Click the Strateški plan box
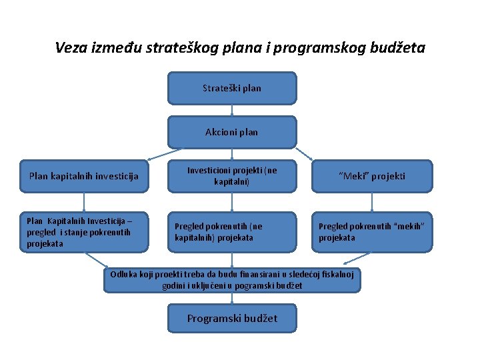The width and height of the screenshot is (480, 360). tap(231, 88)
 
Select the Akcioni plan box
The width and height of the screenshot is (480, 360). tap(231, 132)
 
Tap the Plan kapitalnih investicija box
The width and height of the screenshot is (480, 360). tap(84, 177)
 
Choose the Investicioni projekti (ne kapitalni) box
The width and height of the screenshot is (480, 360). tap(231, 176)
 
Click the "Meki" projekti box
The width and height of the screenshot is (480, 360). tap(372, 177)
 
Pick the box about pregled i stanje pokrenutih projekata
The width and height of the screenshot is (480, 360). tap(84, 232)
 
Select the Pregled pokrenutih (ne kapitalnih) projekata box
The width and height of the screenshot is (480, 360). tap(231, 232)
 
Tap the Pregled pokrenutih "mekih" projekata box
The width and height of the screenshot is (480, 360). tap(372, 232)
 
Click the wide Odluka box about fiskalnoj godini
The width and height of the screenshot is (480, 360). tap(231, 280)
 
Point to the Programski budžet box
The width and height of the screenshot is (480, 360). tap(231, 319)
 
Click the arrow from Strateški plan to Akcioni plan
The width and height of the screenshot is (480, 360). tap(231, 111)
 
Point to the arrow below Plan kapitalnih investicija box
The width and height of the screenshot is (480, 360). tap(84, 203)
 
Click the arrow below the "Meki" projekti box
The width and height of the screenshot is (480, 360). tap(372, 203)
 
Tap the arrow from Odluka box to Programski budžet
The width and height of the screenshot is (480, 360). tap(231, 298)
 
